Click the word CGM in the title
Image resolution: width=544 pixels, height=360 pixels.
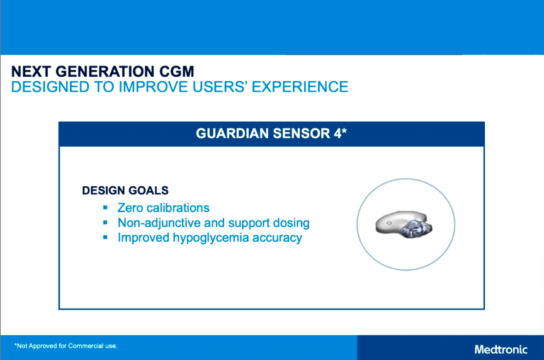(x=176, y=72)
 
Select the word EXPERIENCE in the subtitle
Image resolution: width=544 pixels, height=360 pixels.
(x=300, y=87)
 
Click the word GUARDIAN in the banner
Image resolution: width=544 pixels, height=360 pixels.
(x=232, y=133)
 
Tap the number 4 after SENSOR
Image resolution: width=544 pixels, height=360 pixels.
(x=337, y=133)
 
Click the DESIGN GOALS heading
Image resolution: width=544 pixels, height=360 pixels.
(x=125, y=191)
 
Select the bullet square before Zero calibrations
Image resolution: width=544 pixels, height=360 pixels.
(x=106, y=208)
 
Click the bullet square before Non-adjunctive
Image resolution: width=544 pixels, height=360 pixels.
(x=106, y=223)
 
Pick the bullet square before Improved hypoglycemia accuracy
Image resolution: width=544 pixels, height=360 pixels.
(x=106, y=237)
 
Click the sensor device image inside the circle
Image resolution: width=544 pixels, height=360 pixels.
(x=404, y=224)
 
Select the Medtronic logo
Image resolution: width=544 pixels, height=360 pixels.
(x=501, y=349)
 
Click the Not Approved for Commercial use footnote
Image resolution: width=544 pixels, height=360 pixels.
(x=66, y=346)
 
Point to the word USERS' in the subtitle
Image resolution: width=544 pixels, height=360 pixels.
(x=220, y=87)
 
